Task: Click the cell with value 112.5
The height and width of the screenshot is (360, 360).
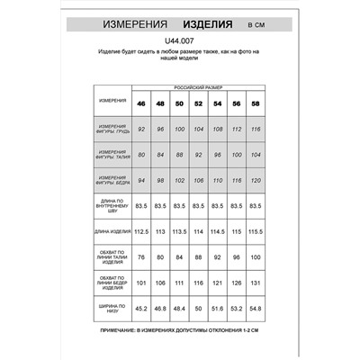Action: point(140,231)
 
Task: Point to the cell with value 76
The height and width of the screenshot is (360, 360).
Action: point(140,256)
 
